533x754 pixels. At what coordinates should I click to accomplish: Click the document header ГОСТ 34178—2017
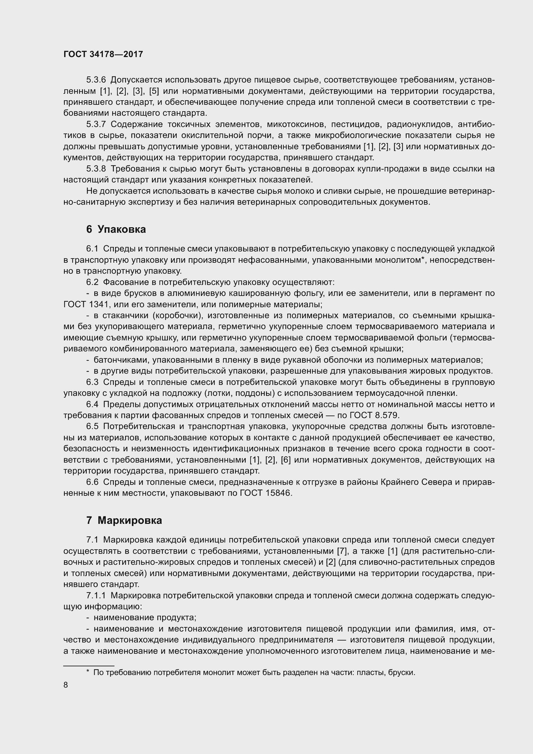tap(103, 54)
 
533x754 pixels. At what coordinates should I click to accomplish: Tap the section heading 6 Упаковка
tap(116, 229)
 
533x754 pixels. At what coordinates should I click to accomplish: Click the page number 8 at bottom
tap(66, 685)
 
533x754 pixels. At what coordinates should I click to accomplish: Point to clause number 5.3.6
tap(96, 80)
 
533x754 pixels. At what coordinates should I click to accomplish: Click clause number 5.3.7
tap(96, 124)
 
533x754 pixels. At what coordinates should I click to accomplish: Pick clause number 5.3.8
tap(96, 169)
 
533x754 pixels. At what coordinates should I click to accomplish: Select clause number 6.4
tap(92, 404)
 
